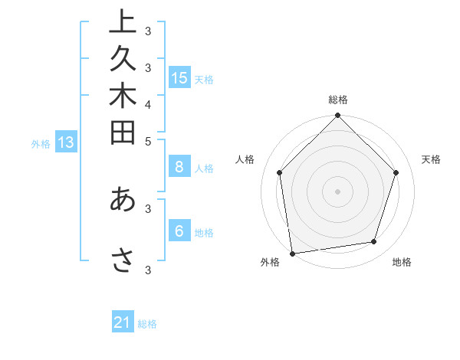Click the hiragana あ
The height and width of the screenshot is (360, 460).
[122, 198]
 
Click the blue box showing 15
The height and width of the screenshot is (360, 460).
[179, 77]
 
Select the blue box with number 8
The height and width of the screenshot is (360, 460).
[179, 168]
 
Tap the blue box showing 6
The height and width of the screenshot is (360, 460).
[179, 231]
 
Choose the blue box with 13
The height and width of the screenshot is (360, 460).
[65, 142]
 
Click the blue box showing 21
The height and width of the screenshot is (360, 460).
[123, 322]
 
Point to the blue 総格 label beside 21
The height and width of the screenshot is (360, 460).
[147, 324]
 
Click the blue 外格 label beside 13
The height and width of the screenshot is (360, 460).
[41, 143]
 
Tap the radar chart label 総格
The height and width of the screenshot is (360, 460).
[338, 100]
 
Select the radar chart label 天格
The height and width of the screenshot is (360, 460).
[431, 159]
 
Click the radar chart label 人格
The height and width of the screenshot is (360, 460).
[245, 159]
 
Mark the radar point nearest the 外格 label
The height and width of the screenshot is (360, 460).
[292, 254]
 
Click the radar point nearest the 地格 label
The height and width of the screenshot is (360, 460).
[374, 242]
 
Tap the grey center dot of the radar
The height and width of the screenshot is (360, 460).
[338, 191]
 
